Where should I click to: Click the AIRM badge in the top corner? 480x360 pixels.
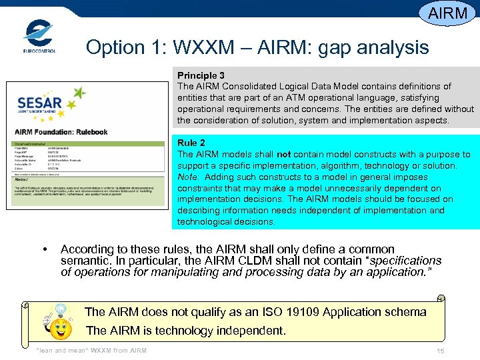pyautogui.click(x=447, y=13)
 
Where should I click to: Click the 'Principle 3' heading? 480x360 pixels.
pyautogui.click(x=201, y=75)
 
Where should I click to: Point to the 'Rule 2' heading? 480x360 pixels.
pyautogui.click(x=191, y=143)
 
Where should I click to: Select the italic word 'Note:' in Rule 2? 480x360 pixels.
pyautogui.click(x=189, y=177)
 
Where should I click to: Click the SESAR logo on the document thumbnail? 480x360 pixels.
pyautogui.click(x=47, y=103)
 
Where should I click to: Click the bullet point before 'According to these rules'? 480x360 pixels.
pyautogui.click(x=45, y=250)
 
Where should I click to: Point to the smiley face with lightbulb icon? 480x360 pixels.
pyautogui.click(x=60, y=321)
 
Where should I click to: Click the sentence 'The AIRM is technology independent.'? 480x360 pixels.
pyautogui.click(x=186, y=330)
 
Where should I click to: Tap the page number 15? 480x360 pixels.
pyautogui.click(x=440, y=351)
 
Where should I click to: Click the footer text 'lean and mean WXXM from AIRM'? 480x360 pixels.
pyautogui.click(x=91, y=351)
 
